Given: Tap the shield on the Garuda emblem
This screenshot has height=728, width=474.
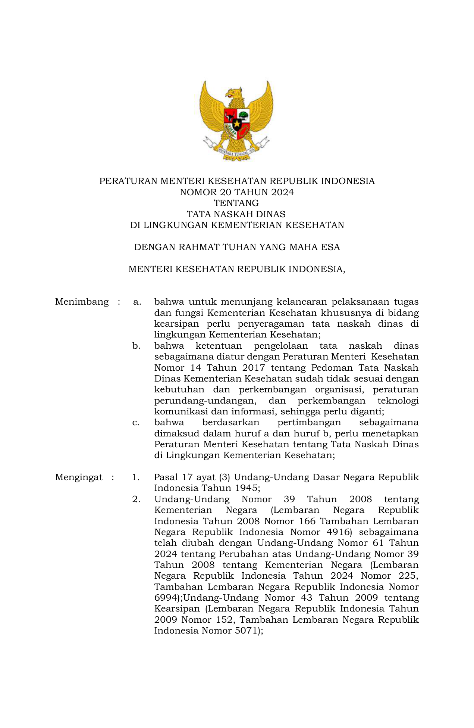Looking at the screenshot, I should [237, 122].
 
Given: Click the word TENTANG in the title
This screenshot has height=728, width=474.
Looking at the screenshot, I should [236, 203].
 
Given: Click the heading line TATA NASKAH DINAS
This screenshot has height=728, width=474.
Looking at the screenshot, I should [236, 214].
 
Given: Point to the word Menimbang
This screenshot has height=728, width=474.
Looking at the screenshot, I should [82, 302].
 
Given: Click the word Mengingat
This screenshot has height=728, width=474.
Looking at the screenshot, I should [79, 477].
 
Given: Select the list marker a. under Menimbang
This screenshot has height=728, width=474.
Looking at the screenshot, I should [137, 302].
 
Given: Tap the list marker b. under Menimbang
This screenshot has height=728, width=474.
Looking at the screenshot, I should [136, 346].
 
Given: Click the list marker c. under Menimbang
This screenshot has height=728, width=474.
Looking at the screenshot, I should [136, 423].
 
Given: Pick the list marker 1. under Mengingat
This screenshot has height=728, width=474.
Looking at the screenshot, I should [136, 477].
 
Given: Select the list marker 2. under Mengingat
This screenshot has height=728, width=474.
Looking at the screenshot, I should [136, 499].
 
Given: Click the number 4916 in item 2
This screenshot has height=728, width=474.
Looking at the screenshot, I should [339, 532].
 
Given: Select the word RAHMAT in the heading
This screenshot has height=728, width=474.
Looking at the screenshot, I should [198, 247].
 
